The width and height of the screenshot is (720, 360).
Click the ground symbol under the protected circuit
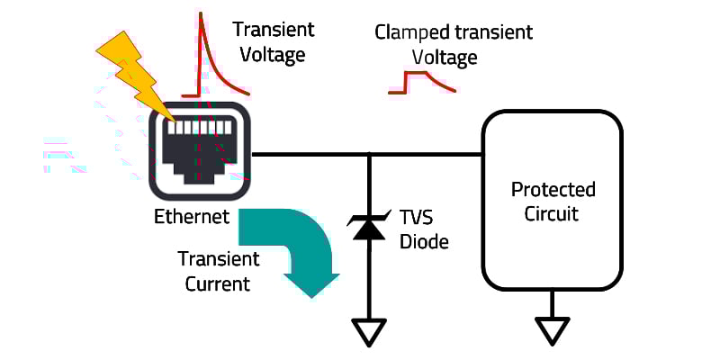point(553,332)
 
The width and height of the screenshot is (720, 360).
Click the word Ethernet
point(192,217)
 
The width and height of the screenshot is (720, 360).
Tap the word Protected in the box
point(553,190)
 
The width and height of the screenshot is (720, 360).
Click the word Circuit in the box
point(553,214)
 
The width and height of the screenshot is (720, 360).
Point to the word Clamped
point(409,33)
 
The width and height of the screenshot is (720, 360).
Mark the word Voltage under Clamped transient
point(445,58)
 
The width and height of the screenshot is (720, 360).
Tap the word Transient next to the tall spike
point(274,30)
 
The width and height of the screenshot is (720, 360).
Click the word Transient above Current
point(219,260)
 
